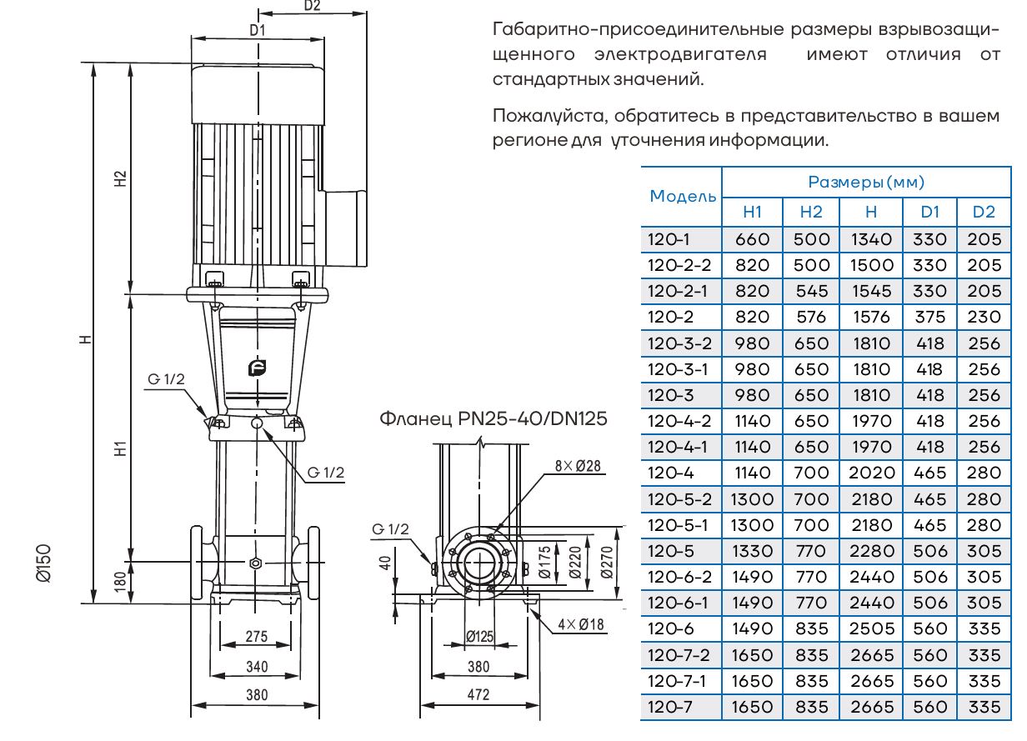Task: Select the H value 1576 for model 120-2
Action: [x=870, y=317]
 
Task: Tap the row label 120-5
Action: [x=669, y=551]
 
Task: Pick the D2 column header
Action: [x=984, y=213]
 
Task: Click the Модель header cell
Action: [x=682, y=197]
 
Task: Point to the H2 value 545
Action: [x=811, y=291]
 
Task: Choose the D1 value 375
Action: [x=929, y=317]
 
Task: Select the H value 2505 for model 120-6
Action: [x=870, y=628]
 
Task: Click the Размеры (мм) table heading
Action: [x=866, y=182]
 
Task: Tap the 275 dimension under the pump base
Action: [x=257, y=637]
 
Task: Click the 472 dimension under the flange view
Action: [x=478, y=694]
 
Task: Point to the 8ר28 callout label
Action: [x=578, y=466]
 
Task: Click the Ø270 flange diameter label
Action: [x=606, y=563]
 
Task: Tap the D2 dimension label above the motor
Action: [x=312, y=6]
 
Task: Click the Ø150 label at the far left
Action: [x=46, y=563]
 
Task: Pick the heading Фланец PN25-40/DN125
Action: [x=493, y=418]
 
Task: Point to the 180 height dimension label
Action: [x=120, y=580]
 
